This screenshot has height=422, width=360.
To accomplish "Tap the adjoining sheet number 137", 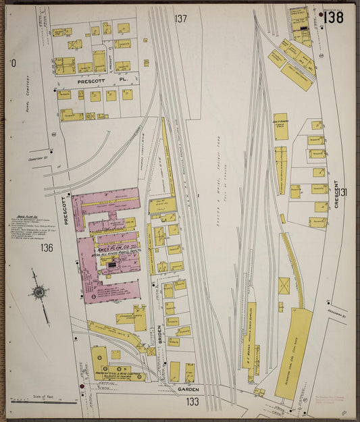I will [x=180, y=18].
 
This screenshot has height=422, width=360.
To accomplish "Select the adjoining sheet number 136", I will [x=46, y=248].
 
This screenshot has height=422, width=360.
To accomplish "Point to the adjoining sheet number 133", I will [x=193, y=402].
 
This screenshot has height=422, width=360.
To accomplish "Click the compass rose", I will [x=38, y=292].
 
